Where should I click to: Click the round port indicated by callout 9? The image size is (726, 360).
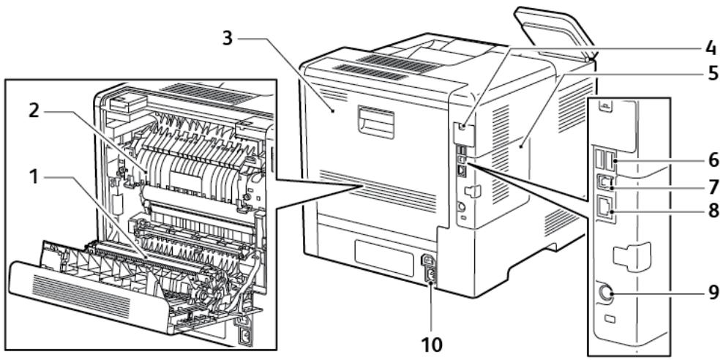[x=606, y=294]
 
